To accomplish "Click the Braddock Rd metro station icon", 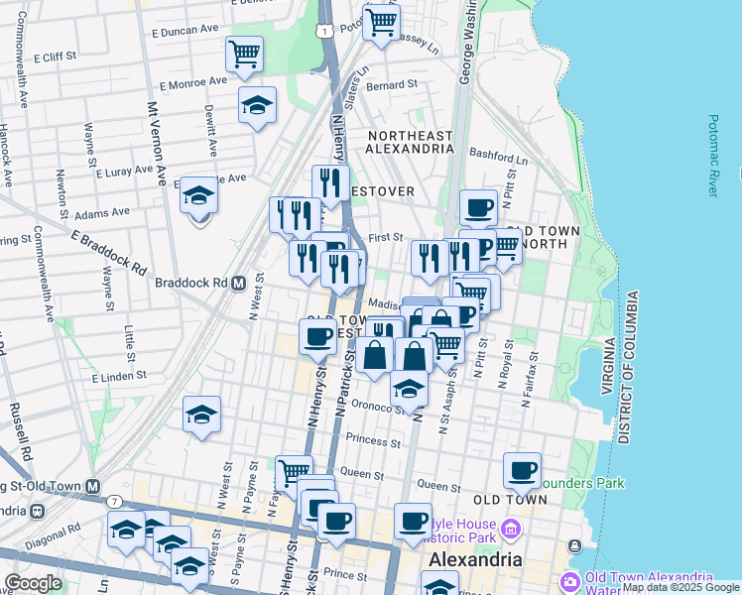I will pos(238,283).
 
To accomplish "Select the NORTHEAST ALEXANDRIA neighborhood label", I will pos(410,141).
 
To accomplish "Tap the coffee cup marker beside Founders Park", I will pos(522,471).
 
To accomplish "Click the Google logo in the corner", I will pos(33,583).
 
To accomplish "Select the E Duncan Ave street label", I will pos(184,30).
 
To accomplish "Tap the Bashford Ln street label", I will pos(500,157).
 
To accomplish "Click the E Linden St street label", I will pos(119,377).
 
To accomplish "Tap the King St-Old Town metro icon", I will pos(92,486).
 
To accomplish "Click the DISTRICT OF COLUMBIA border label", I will pos(625,367).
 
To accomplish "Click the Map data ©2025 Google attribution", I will pos(680,587).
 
